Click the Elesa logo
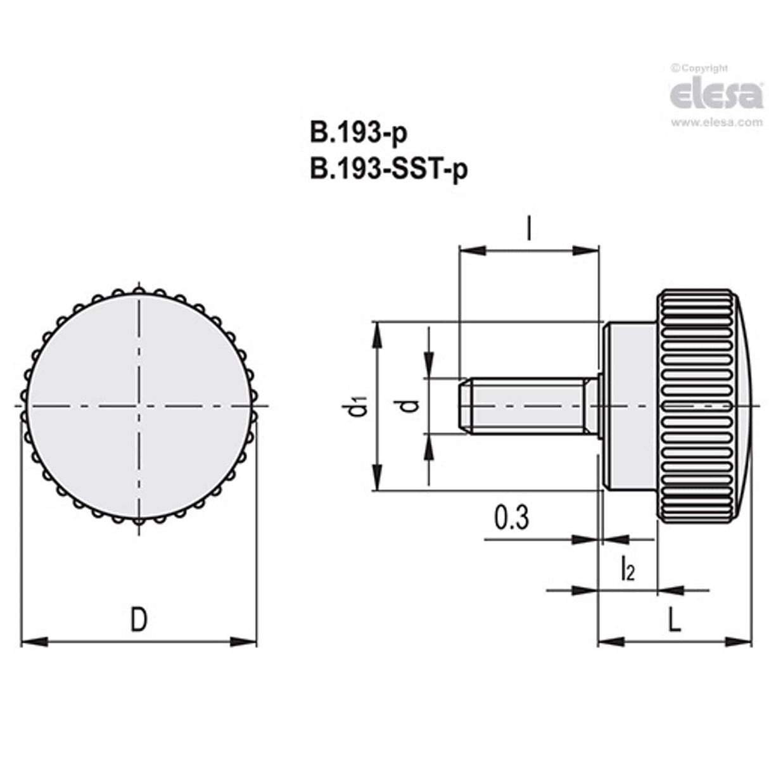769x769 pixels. pyautogui.click(x=716, y=95)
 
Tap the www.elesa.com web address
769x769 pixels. pyautogui.click(x=716, y=123)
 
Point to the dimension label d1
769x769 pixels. pyautogui.click(x=359, y=405)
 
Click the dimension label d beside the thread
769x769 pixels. pyautogui.click(x=411, y=405)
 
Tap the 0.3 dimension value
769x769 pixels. pyautogui.click(x=511, y=518)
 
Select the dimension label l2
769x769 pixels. pyautogui.click(x=626, y=568)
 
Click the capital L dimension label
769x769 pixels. pyautogui.click(x=675, y=621)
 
